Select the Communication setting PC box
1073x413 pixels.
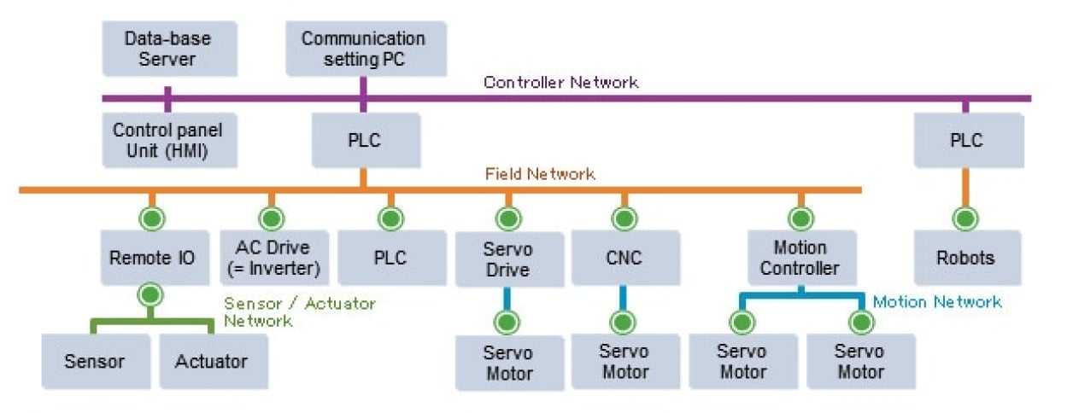click(363, 49)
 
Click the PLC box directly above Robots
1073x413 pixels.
click(966, 141)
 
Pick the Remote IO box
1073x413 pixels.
click(152, 258)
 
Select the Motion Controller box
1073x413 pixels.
click(800, 258)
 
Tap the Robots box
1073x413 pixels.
click(966, 258)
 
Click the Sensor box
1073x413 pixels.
click(94, 361)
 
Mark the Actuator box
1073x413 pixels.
click(211, 361)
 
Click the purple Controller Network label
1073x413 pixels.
click(560, 83)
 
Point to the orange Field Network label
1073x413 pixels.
click(539, 174)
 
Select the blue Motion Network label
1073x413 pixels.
click(936, 302)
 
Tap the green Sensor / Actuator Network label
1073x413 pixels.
click(299, 311)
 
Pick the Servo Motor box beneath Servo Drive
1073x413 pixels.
click(509, 363)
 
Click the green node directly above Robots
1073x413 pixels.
click(966, 218)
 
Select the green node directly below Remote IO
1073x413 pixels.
click(152, 296)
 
